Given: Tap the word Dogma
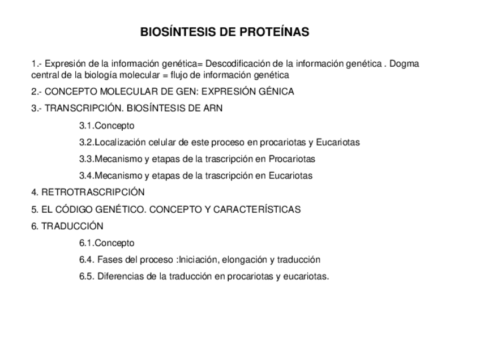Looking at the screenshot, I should pos(405,63).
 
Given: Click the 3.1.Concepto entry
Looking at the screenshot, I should pos(107,125).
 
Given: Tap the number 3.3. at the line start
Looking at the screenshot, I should pos(87,159).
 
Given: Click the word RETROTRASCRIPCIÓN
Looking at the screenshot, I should pos(93,192).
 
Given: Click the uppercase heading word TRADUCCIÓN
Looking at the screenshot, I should pos(72,226).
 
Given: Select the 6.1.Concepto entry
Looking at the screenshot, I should pos(107,243).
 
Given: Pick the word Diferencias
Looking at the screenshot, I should pos(121,276).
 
